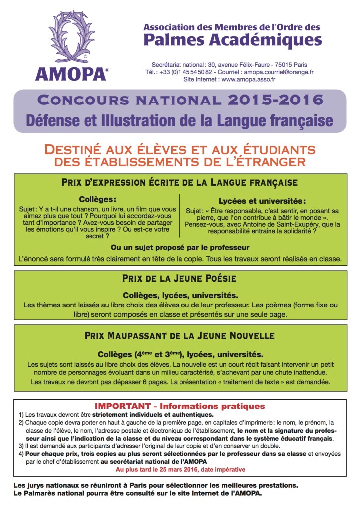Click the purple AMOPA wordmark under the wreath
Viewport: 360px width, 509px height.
71,74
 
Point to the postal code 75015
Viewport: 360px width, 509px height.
282,65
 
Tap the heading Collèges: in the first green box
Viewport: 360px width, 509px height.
97,198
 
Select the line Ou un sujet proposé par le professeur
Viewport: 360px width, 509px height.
180,247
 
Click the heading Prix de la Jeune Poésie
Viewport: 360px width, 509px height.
180,279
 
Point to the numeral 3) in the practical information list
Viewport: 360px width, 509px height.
21,446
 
